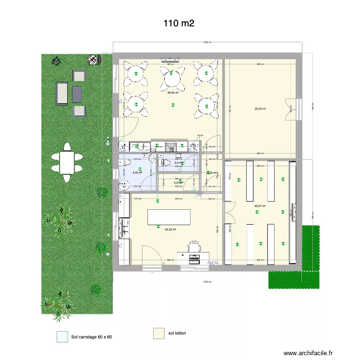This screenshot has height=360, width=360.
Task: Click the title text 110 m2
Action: [x=179, y=23]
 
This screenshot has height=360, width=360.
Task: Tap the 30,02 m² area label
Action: [x=173, y=93]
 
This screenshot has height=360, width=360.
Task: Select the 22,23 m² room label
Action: [x=260, y=108]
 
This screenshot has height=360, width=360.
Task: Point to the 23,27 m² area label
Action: [x=260, y=206]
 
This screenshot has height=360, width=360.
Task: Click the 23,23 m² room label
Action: [x=170, y=229]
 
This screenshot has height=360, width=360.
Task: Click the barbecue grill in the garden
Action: [x=93, y=60]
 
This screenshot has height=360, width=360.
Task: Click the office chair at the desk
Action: [x=193, y=247]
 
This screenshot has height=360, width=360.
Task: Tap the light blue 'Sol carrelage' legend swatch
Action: [x=62, y=336]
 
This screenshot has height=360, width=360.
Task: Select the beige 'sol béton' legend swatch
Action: [x=159, y=333]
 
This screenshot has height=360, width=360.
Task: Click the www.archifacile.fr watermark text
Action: [x=308, y=353]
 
